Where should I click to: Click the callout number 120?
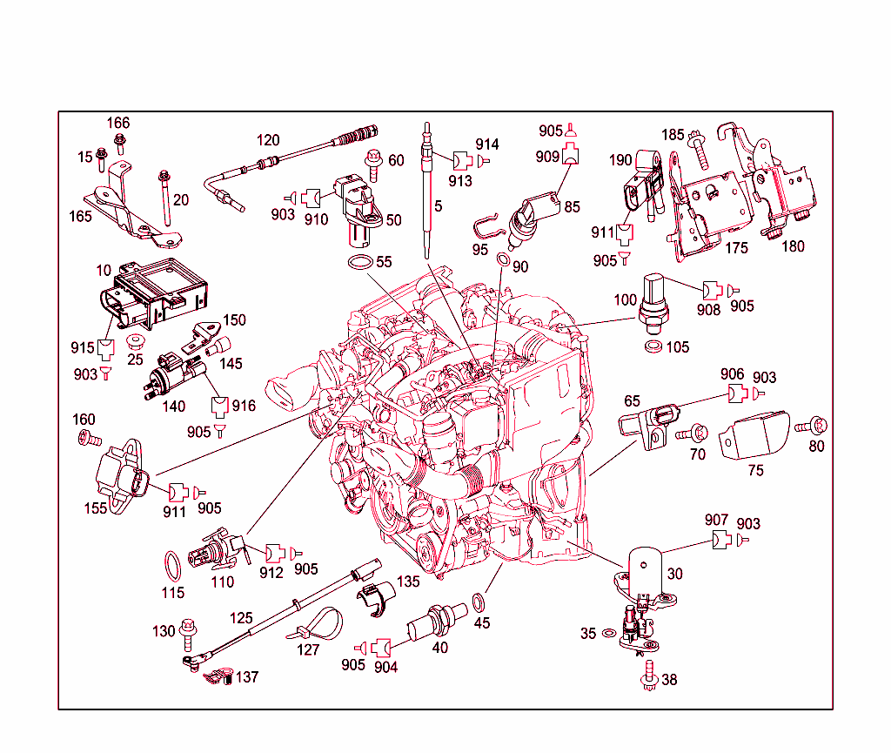[268, 140]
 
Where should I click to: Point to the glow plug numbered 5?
[427, 192]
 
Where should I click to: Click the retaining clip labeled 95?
[489, 229]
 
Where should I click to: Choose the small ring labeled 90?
[503, 260]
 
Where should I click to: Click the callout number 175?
[736, 248]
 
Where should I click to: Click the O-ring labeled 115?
[173, 567]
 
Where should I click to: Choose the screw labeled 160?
[85, 439]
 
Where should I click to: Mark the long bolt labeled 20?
[163, 199]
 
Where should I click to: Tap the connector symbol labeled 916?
[219, 406]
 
